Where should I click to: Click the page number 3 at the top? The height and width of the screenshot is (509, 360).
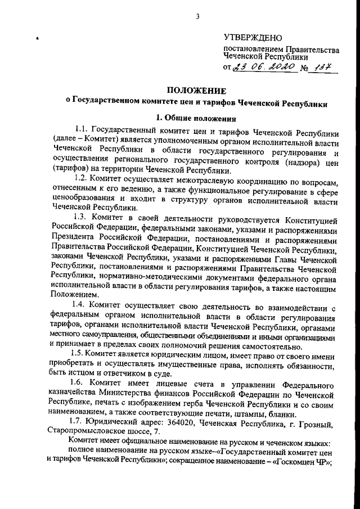pos(198,16)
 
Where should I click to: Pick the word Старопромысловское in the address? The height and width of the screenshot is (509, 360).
pos(85,431)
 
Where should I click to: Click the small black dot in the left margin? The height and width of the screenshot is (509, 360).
pos(37,39)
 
